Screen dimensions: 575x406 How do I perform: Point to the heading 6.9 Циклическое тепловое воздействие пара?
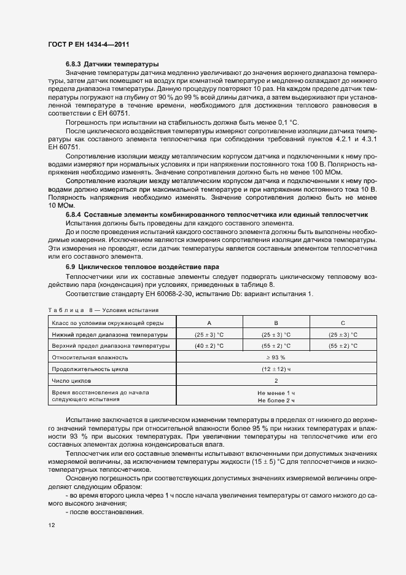coord(142,268)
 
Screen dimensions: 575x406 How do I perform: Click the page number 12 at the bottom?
coord(52,525)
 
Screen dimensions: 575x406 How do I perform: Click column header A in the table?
coord(209,323)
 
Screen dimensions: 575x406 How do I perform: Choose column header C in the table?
coord(342,323)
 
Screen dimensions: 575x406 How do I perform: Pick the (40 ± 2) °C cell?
coord(209,346)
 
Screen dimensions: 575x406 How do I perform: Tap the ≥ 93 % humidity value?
coord(276,357)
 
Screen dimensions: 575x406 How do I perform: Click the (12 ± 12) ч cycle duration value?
coord(276,369)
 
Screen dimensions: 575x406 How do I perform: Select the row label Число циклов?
coord(72,380)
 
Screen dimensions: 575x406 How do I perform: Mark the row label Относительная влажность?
coord(90,357)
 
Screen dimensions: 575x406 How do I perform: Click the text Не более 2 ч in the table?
coord(276,400)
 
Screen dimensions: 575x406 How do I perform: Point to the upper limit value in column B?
coord(276,346)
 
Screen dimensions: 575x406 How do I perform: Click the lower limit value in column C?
coord(342,335)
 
